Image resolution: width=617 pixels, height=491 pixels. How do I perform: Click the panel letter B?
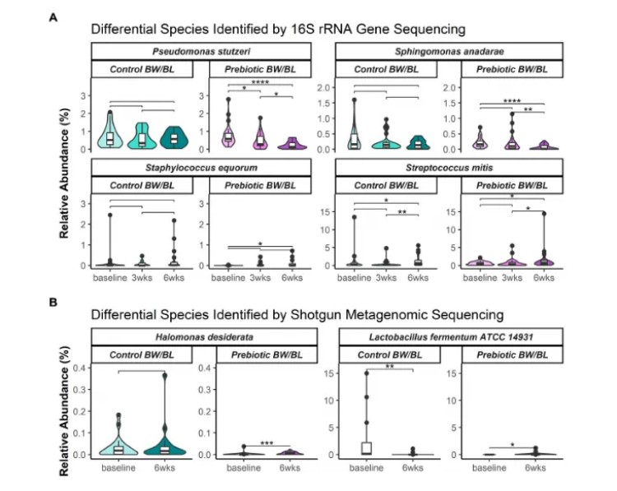click(x=53, y=302)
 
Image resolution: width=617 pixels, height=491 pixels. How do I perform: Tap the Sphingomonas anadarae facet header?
click(x=449, y=51)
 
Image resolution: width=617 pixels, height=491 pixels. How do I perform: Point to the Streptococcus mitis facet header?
click(x=449, y=168)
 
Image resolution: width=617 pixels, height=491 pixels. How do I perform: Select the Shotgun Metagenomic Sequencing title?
click(x=297, y=316)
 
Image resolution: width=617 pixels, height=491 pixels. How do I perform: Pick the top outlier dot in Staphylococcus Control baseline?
click(x=110, y=215)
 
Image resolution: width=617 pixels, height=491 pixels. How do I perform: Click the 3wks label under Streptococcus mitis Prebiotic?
click(x=511, y=278)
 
